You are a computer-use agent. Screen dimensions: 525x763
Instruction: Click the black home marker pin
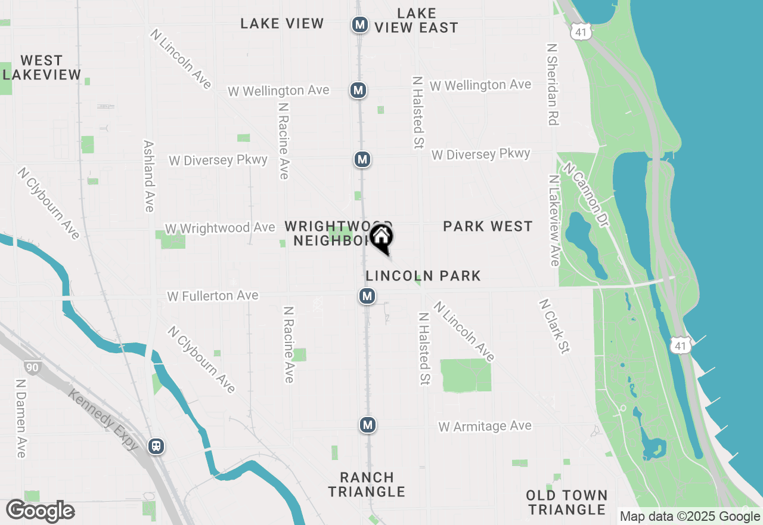pos(381,238)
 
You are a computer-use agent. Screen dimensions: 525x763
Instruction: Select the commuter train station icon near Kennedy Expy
pos(156,446)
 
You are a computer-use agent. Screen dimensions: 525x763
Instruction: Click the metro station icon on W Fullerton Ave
pos(367,295)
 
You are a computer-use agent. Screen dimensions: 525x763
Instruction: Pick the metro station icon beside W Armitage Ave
pos(368,425)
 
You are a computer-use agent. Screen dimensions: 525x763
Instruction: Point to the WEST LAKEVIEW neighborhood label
pos(42,67)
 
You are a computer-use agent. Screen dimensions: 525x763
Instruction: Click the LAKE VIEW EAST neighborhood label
pos(417,20)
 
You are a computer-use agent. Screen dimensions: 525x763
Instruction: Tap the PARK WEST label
pos(488,226)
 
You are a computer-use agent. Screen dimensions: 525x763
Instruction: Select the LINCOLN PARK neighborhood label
pos(423,276)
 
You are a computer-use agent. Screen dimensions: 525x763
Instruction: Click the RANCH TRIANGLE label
pos(367,484)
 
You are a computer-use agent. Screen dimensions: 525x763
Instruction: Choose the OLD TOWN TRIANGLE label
pos(567,502)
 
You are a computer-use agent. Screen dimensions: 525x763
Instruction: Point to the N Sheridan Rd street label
pos(553,84)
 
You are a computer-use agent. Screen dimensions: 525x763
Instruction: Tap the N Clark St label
pos(554,326)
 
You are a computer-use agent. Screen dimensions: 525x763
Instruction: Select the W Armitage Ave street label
pos(485,427)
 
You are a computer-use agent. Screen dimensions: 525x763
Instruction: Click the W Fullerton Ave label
pos(213,296)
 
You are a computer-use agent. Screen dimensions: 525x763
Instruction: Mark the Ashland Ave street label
pos(149,176)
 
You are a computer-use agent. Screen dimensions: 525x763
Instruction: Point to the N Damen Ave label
pos(21,419)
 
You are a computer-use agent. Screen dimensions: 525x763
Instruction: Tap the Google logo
pos(41,511)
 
